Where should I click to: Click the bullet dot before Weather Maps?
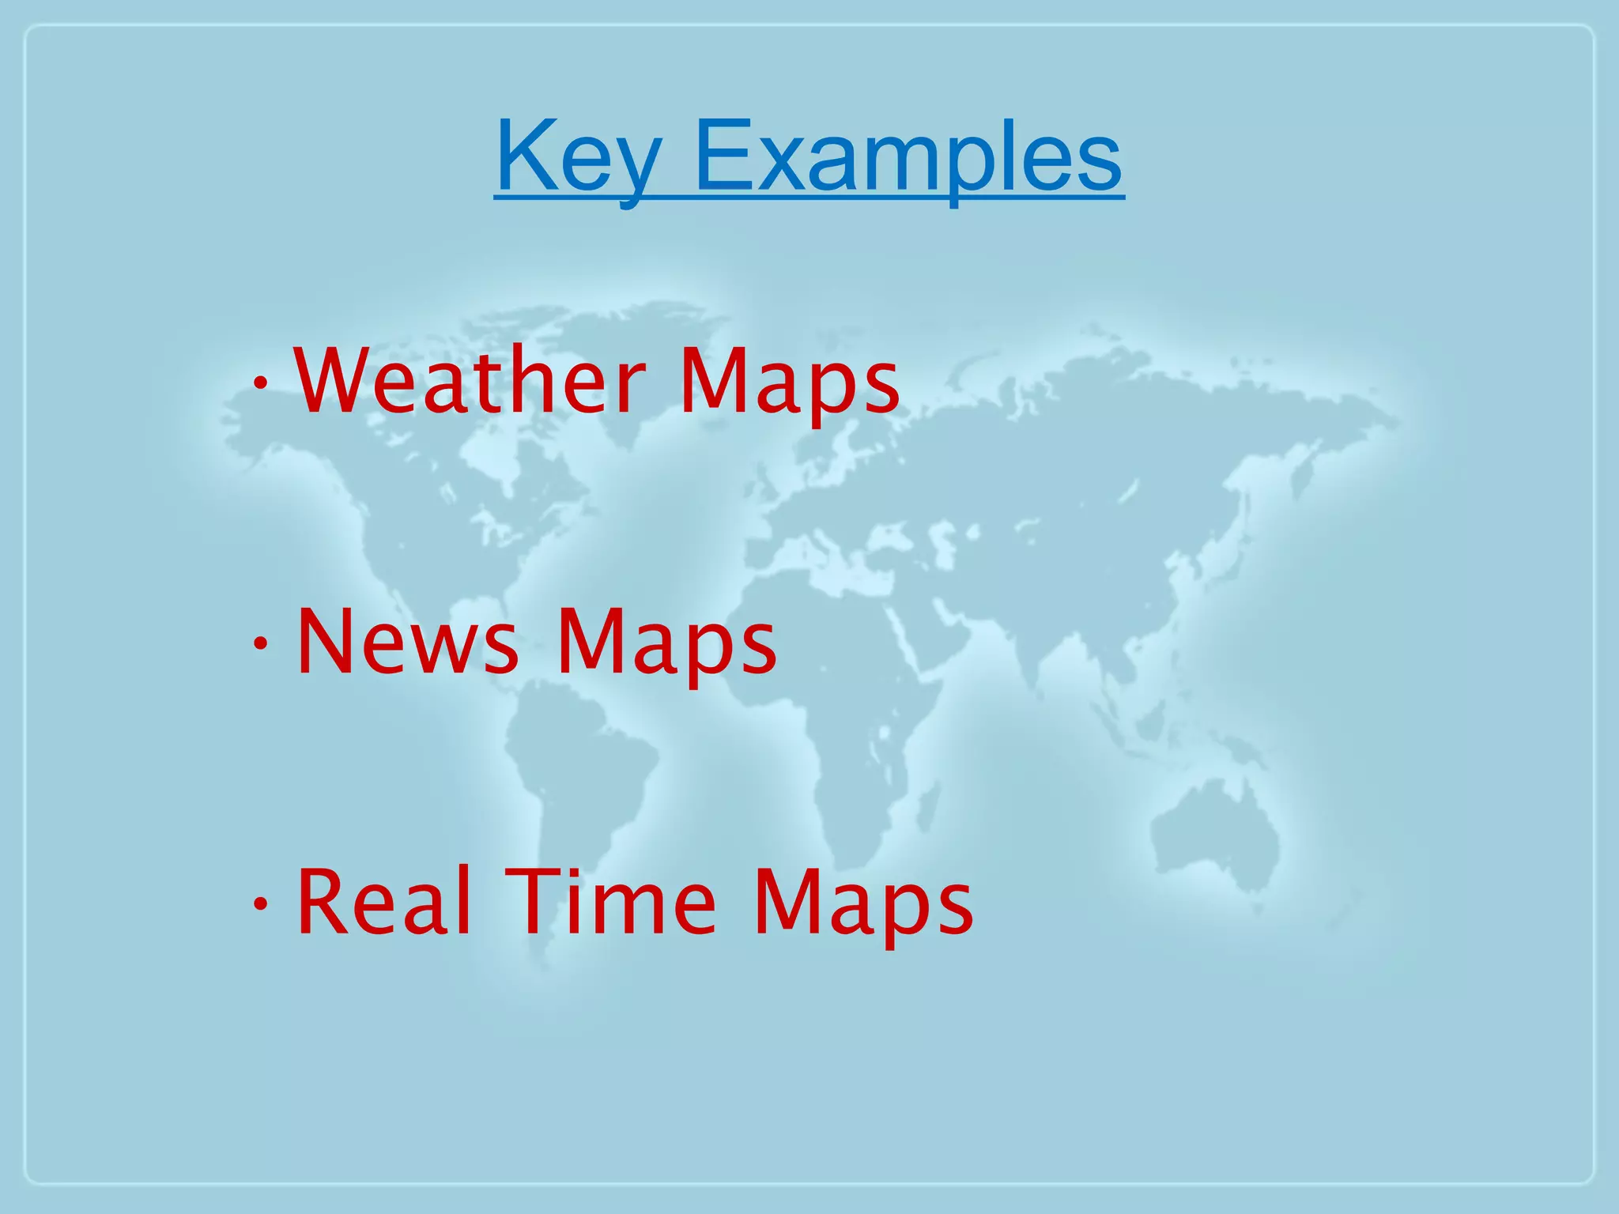point(260,384)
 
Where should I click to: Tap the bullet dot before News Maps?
point(260,644)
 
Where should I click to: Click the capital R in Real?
point(320,902)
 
